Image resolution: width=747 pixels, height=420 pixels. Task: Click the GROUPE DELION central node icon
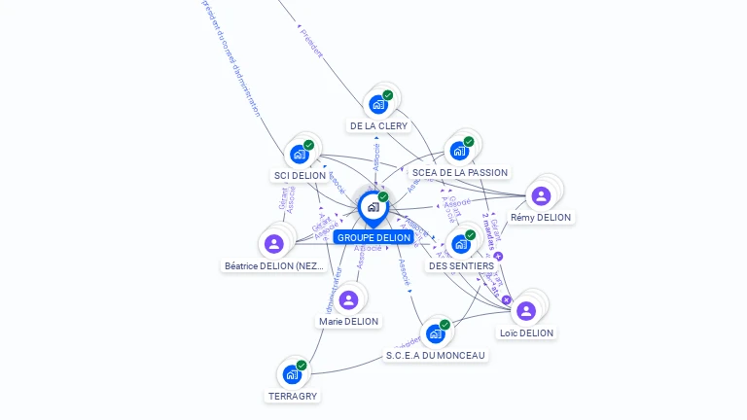tap(373, 206)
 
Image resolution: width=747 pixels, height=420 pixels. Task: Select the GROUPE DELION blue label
tap(374, 237)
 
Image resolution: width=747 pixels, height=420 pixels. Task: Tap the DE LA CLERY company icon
tap(378, 104)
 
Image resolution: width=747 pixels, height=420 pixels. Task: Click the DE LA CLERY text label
tap(378, 125)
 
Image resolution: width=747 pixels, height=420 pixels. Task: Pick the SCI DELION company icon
tap(299, 154)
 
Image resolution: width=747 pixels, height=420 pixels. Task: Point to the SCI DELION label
tap(300, 175)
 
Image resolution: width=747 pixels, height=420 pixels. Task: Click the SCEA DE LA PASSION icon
tap(460, 152)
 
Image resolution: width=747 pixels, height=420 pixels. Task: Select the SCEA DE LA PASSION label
tap(460, 172)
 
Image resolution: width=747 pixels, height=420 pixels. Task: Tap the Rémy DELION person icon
tap(541, 195)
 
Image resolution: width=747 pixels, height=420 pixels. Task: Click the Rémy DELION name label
tap(541, 217)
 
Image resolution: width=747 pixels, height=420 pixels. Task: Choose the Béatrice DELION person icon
tap(273, 244)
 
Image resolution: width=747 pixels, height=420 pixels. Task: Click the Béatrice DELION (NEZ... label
tap(273, 265)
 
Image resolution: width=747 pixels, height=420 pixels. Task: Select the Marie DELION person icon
tap(348, 299)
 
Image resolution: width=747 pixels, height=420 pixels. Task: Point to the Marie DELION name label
tap(348, 321)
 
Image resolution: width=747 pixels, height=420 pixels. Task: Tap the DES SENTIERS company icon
tap(461, 243)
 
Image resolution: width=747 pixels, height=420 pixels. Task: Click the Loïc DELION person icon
tap(526, 311)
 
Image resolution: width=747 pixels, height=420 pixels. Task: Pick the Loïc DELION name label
tap(526, 332)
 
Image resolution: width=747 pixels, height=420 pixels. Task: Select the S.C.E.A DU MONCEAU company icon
tap(435, 333)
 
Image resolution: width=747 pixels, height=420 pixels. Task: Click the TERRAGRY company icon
tap(292, 374)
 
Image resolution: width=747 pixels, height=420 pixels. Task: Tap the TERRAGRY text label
tap(293, 396)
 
